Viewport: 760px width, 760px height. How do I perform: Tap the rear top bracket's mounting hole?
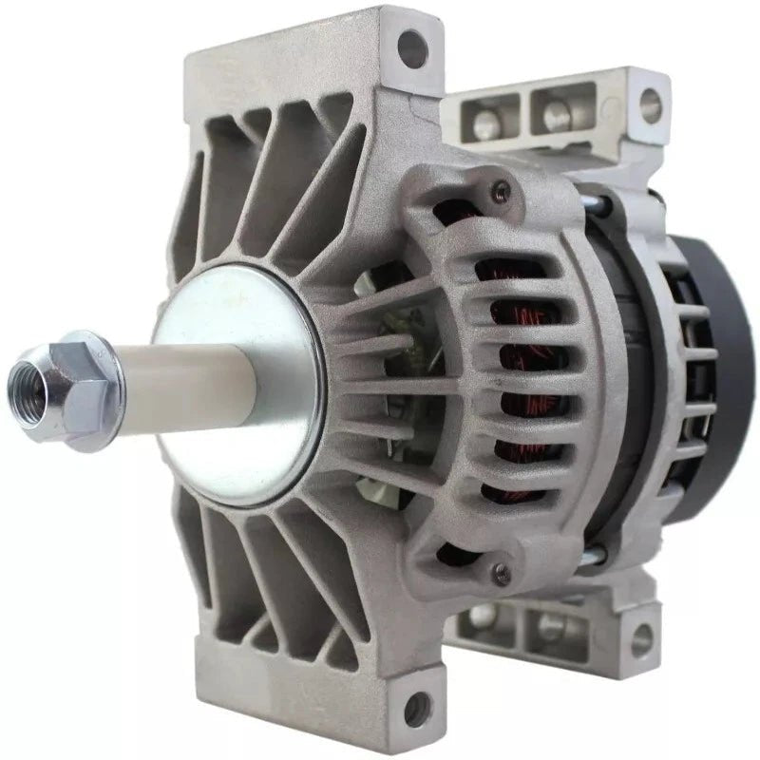click(650, 98)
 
